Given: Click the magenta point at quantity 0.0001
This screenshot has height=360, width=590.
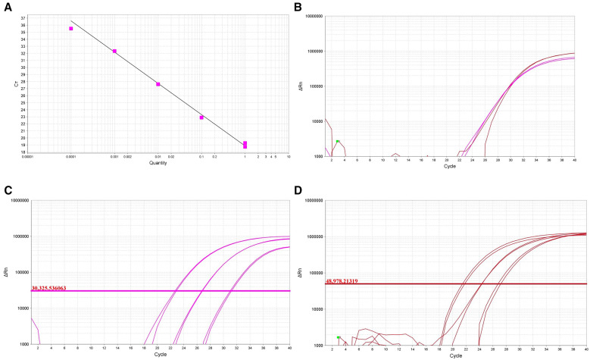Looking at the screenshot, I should point(71,29).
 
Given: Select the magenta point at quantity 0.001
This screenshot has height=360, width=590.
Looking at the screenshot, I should point(114,51).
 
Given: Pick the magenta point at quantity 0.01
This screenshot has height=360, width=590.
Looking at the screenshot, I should point(158,84).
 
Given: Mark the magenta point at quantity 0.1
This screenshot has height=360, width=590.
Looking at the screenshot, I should point(201,117).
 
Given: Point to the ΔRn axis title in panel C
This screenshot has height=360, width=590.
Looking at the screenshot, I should point(11,271).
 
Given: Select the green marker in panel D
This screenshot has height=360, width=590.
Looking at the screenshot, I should point(339,337).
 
